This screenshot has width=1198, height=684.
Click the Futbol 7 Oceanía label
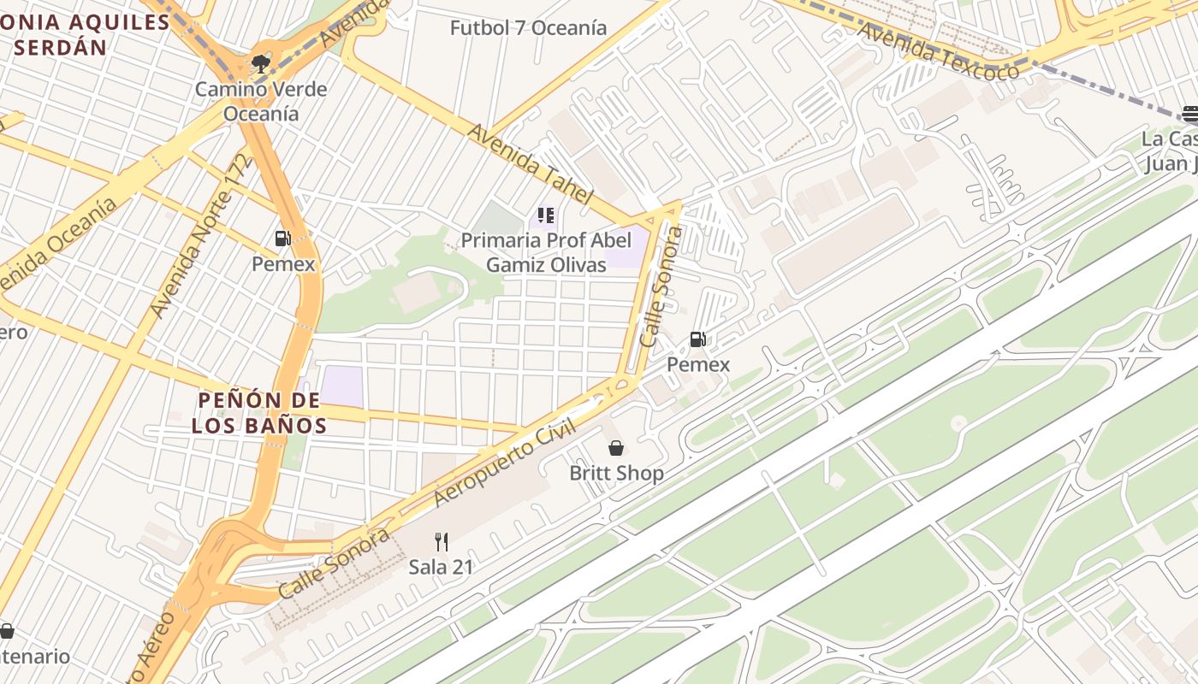528,27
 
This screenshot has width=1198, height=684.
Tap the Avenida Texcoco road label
938,50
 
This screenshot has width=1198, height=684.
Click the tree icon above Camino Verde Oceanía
260,63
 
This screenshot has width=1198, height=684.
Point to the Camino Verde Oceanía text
261,101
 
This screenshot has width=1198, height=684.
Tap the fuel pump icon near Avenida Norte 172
282,239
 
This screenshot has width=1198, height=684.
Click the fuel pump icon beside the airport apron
698,339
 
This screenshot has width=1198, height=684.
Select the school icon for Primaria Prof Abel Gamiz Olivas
546,215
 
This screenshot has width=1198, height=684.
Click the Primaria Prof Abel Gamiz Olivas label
546,252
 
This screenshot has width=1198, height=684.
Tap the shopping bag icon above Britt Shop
616,447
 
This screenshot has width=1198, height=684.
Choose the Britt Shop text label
616,473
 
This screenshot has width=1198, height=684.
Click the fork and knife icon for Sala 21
441,541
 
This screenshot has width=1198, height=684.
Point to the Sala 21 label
441,566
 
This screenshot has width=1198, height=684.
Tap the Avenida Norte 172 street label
202,236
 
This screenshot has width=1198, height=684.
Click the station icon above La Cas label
1189,113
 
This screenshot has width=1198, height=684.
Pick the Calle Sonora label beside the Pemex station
662,286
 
